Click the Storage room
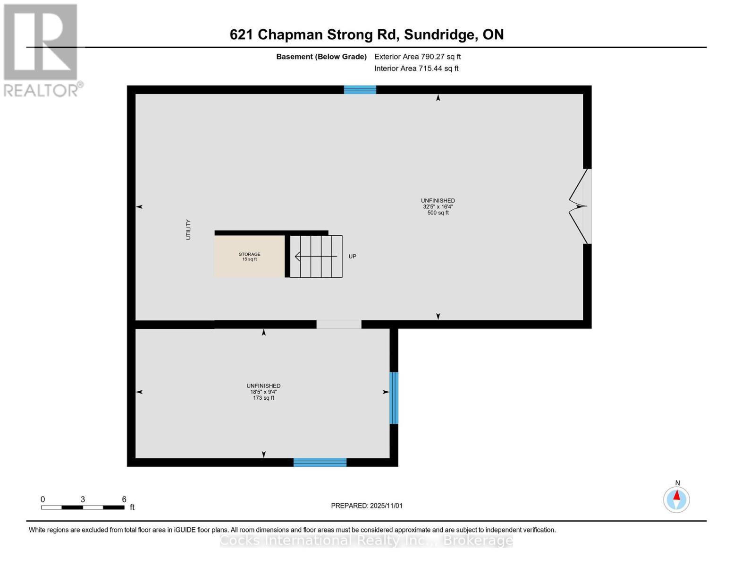[x=249, y=257]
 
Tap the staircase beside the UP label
[x=316, y=257]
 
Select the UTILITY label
[x=188, y=230]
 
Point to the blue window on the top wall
[x=360, y=90]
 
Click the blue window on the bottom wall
[x=320, y=462]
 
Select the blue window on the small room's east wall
[x=394, y=398]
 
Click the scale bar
[x=83, y=507]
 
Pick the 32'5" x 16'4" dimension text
[x=438, y=207]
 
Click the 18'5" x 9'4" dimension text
[x=263, y=392]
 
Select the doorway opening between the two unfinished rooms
[x=339, y=324]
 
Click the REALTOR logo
[x=41, y=50]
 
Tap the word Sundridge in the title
[x=439, y=34]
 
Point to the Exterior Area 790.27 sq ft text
[x=417, y=57]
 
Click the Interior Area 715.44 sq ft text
[x=416, y=69]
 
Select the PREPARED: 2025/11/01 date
[x=367, y=506]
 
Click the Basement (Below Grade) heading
[x=321, y=57]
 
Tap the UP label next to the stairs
[x=352, y=257]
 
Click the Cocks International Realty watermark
[x=366, y=540]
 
